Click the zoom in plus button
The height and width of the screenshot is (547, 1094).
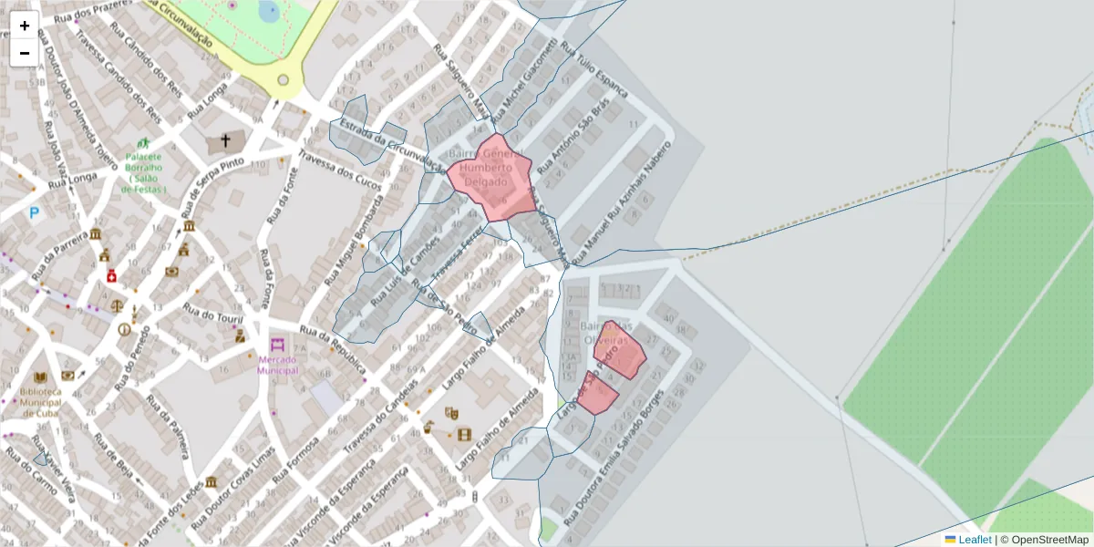point(25,26)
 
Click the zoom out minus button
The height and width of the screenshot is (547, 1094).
point(25,53)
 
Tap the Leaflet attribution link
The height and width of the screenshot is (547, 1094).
point(975,540)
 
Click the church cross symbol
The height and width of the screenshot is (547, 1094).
point(224,141)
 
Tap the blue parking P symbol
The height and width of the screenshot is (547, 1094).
point(35,213)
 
